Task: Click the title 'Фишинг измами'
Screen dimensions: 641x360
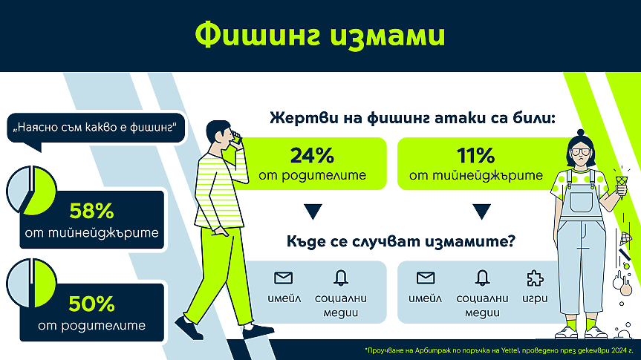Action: [319, 36]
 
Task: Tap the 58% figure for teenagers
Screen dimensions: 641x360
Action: [91, 212]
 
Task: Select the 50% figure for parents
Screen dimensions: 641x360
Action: [91, 304]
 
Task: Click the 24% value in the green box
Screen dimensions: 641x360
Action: [312, 155]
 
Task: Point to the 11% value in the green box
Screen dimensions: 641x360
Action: [476, 155]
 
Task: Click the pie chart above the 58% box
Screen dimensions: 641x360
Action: [31, 191]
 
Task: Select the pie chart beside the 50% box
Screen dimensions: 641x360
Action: [31, 283]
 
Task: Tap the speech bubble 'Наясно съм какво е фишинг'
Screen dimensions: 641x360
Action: [96, 128]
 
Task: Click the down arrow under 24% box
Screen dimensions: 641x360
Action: [313, 212]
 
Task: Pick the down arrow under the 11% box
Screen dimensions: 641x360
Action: [481, 212]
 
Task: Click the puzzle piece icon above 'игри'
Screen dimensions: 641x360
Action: [535, 278]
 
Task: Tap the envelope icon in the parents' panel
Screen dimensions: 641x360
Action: [283, 278]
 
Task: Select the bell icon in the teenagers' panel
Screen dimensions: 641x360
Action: [482, 278]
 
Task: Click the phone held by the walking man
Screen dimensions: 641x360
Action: [236, 138]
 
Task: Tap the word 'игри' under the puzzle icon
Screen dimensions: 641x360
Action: [535, 298]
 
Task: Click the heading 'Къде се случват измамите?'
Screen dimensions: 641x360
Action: [401, 241]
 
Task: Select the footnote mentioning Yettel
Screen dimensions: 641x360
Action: [498, 350]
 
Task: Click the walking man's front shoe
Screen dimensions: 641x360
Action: [258, 330]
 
